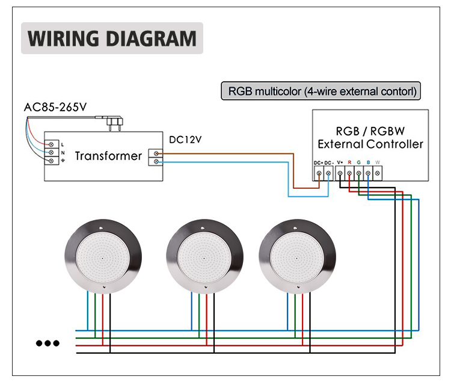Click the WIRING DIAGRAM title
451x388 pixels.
(x=112, y=38)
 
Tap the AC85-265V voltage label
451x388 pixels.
(x=55, y=107)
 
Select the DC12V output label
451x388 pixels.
(x=185, y=140)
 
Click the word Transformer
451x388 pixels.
(x=108, y=156)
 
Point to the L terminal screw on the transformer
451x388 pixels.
(x=52, y=144)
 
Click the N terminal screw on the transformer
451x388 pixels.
(x=52, y=152)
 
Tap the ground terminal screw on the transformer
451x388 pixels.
(x=52, y=161)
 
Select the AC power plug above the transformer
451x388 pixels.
(x=114, y=122)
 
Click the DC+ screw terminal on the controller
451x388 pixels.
(x=319, y=173)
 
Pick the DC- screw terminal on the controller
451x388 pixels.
(x=328, y=173)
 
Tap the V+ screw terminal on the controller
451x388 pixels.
(x=340, y=173)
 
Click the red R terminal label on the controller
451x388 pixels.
(x=349, y=162)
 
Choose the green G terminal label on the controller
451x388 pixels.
(x=358, y=162)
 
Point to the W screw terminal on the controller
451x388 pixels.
(x=378, y=173)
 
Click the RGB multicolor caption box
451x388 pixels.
(x=321, y=91)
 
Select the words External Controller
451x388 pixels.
(x=370, y=144)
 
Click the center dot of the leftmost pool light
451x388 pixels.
(x=103, y=258)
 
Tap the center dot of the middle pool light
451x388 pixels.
(x=204, y=258)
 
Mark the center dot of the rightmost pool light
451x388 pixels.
(x=297, y=258)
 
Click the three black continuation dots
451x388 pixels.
(x=48, y=343)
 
